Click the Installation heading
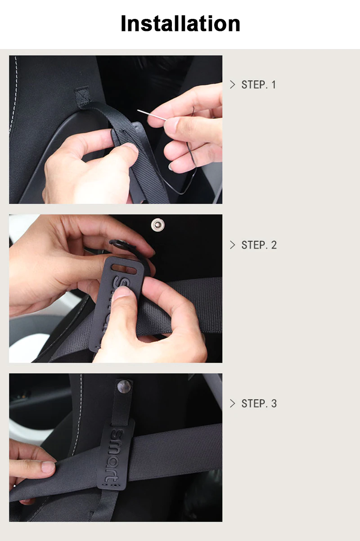point(180,23)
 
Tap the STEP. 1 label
point(258,85)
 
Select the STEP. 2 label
point(259,245)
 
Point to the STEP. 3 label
point(259,403)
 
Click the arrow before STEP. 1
point(232,85)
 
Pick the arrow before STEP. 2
point(232,245)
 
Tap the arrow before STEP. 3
point(232,403)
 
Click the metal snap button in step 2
point(157,223)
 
